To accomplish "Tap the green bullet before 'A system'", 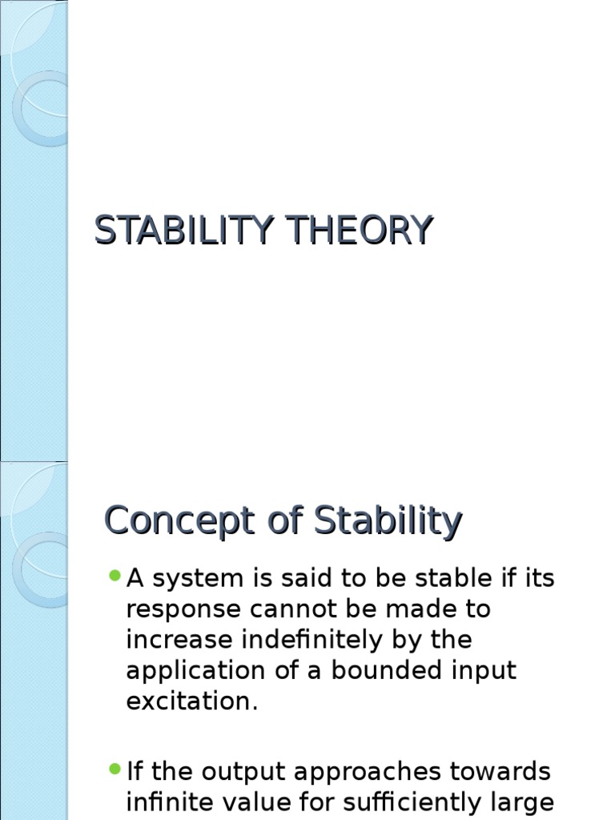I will pyautogui.click(x=115, y=576).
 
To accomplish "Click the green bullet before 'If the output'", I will pyautogui.click(x=115, y=770).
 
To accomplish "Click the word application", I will pyautogui.click(x=187, y=671).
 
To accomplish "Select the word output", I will pyautogui.click(x=248, y=772).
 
